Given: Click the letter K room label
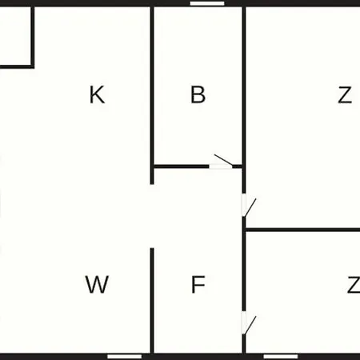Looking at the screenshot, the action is click(x=97, y=94).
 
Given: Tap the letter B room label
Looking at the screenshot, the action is click(x=198, y=94).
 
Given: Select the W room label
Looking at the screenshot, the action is click(x=97, y=284).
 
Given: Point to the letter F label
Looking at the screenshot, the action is click(x=198, y=284).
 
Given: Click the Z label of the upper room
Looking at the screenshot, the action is click(x=345, y=94).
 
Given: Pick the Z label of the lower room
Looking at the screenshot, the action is click(x=354, y=284).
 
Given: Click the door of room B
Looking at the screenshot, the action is click(x=221, y=162).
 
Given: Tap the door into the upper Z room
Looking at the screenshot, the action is click(x=249, y=206).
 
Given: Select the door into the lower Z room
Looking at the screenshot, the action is click(x=249, y=322).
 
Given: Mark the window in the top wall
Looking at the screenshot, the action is click(x=207, y=3).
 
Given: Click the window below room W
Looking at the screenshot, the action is click(x=125, y=357).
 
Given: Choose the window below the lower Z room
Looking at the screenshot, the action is click(x=281, y=357).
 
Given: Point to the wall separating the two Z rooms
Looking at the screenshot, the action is click(x=302, y=230).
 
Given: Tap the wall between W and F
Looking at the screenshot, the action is click(x=152, y=301).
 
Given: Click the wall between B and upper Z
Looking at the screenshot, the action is click(x=244, y=86).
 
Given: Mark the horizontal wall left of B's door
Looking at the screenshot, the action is click(x=182, y=166).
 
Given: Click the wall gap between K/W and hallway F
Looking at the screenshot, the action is click(x=152, y=216).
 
